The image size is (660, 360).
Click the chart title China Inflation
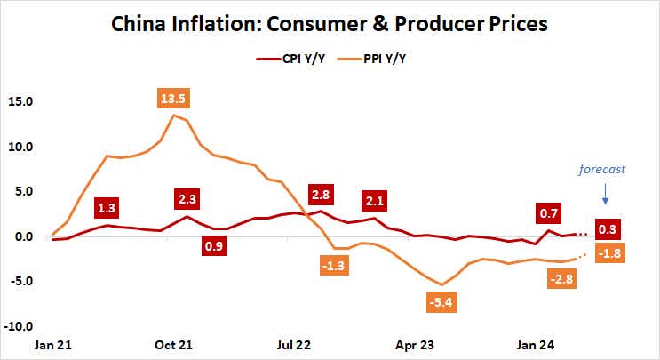[x=330, y=24]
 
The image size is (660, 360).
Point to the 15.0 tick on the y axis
[x=20, y=101]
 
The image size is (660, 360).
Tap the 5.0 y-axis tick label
[x=23, y=191]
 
